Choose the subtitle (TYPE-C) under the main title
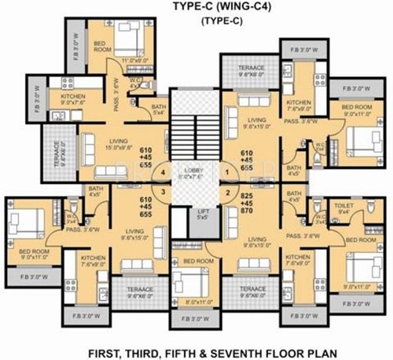(x=196, y=23)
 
